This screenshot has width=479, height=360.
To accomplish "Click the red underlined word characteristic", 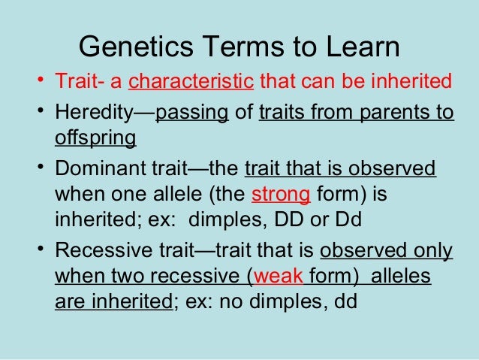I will pyautogui.click(x=191, y=81).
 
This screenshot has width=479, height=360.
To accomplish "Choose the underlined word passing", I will pyautogui.click(x=191, y=114).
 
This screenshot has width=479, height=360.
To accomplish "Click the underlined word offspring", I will pyautogui.click(x=95, y=139).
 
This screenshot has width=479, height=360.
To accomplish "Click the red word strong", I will pyautogui.click(x=281, y=195).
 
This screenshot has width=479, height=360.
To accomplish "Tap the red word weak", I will pyautogui.click(x=279, y=277).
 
